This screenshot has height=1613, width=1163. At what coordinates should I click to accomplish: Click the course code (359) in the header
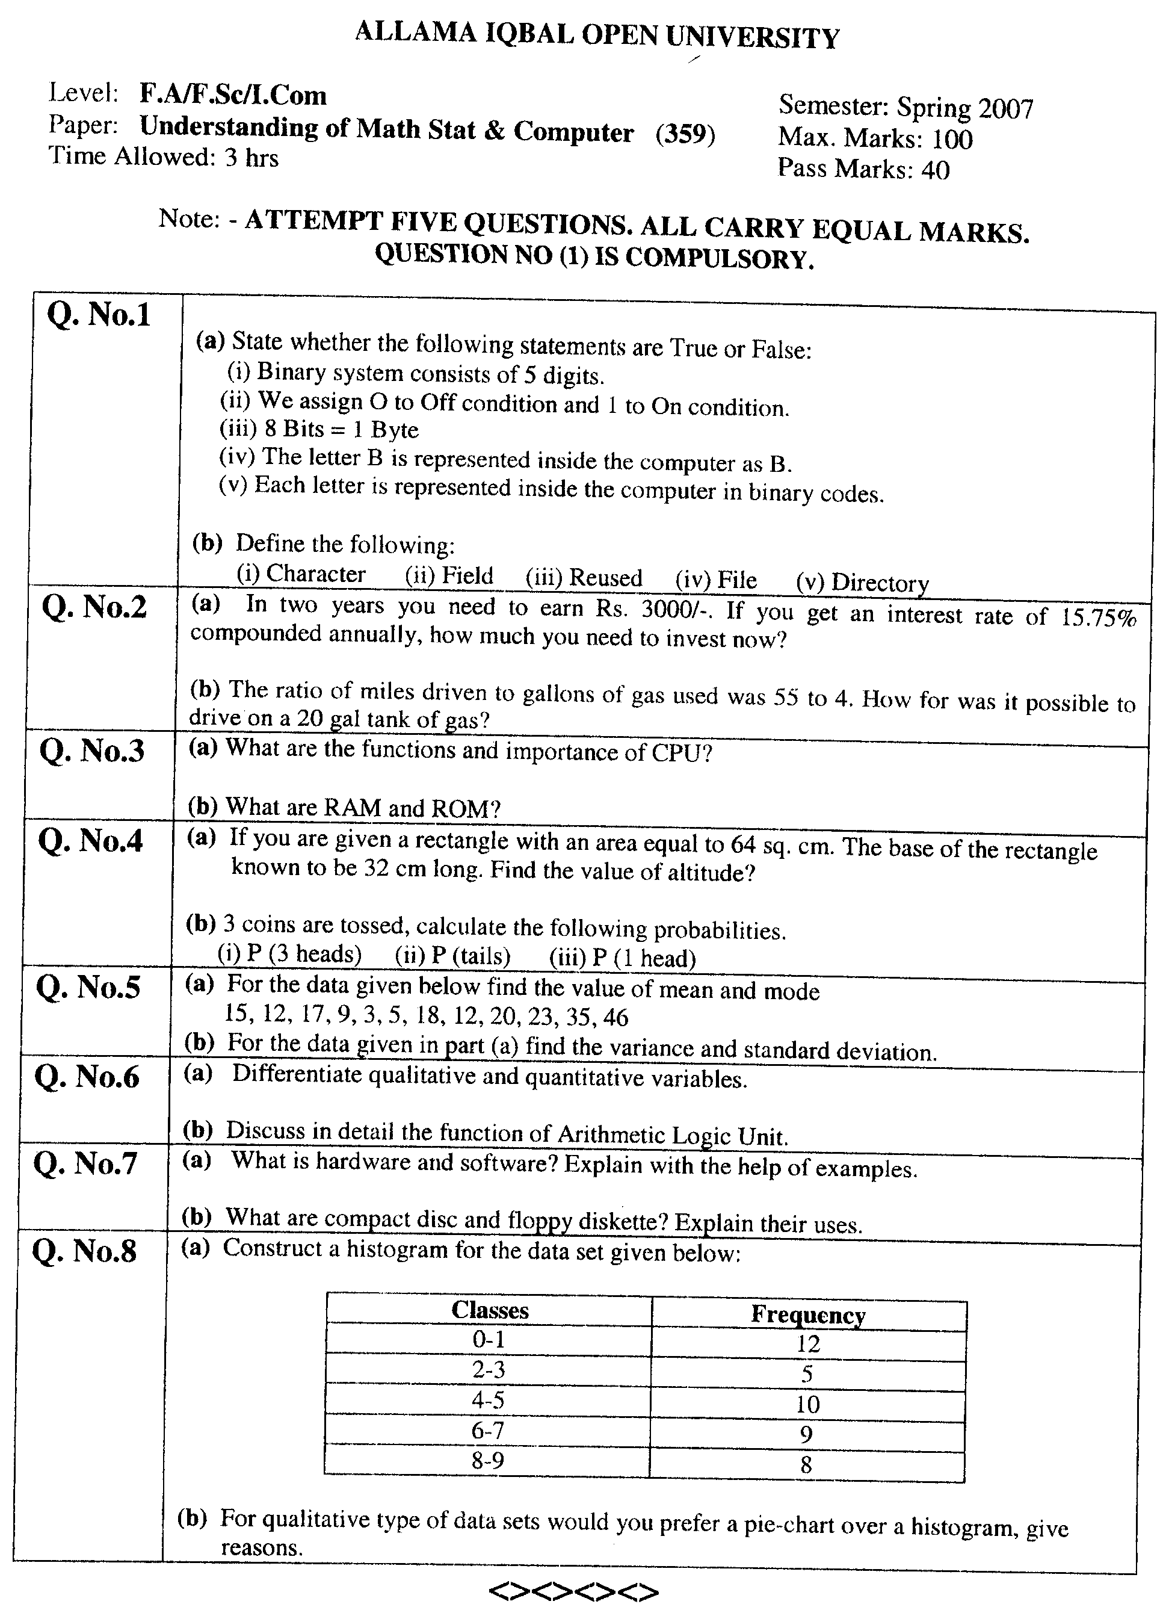click(x=685, y=134)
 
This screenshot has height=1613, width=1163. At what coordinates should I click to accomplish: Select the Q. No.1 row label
click(x=99, y=314)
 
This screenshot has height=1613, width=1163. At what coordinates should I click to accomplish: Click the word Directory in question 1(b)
click(x=880, y=583)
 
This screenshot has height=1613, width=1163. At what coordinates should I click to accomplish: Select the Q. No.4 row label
click(x=90, y=841)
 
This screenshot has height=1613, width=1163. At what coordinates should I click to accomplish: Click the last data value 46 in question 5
click(x=615, y=1018)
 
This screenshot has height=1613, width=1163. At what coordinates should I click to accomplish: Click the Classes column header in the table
click(x=490, y=1311)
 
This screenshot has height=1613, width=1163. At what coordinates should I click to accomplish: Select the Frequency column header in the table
click(x=808, y=1315)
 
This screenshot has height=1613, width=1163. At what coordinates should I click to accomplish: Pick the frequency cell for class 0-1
click(x=808, y=1344)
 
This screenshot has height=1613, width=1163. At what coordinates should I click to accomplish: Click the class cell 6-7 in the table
click(x=489, y=1430)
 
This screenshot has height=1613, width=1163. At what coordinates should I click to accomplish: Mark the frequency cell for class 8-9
click(x=806, y=1465)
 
